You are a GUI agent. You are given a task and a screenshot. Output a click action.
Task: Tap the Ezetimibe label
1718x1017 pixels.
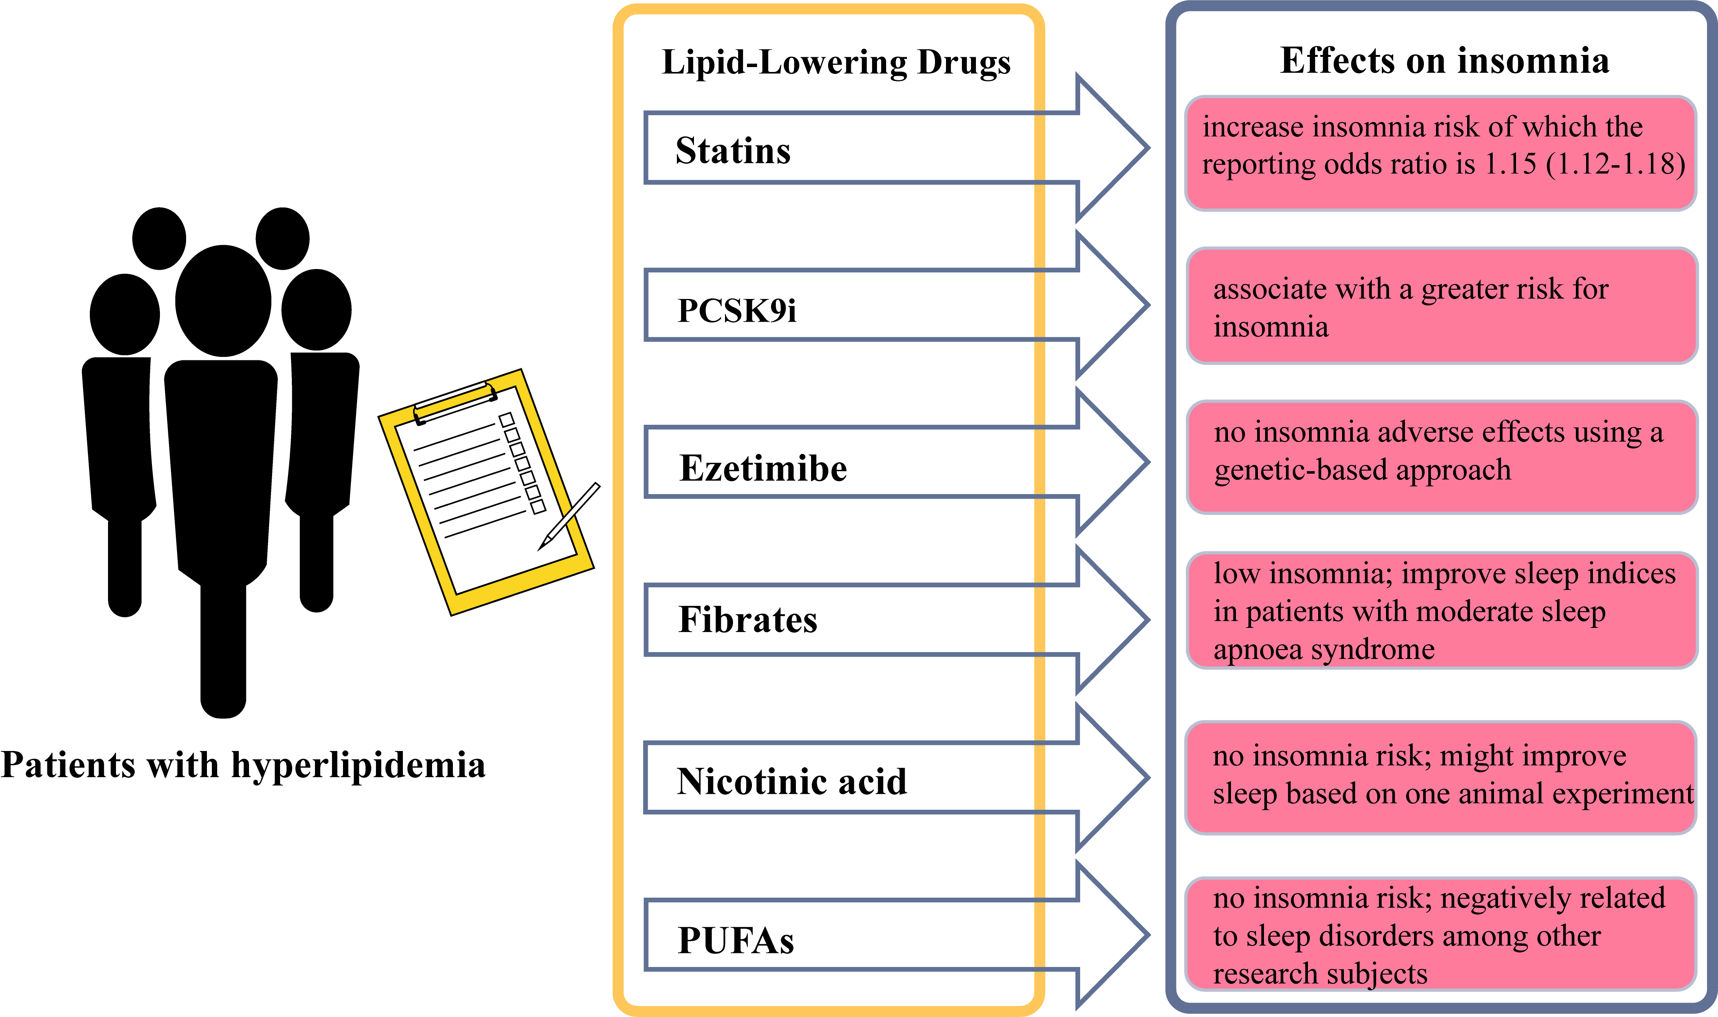(x=763, y=469)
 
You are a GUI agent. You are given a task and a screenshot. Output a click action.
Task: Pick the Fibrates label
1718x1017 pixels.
(x=748, y=620)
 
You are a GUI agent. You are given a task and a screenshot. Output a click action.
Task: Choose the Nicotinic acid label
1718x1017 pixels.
(x=791, y=781)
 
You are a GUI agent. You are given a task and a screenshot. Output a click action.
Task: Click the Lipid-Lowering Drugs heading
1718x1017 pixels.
(x=836, y=63)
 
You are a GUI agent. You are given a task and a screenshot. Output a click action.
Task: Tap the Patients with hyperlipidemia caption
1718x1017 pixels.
(x=243, y=765)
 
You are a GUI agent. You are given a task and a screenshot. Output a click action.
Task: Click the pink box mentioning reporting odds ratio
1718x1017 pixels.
(x=1441, y=153)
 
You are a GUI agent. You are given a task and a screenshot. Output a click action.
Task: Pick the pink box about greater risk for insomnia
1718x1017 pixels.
(x=1441, y=306)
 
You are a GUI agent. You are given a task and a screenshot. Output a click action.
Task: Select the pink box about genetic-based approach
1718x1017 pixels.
(x=1441, y=457)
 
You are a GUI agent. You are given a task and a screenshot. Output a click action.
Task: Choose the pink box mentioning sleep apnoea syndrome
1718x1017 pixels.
(x=1441, y=610)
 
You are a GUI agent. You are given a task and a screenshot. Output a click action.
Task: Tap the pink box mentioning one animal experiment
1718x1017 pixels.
(x=1441, y=776)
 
